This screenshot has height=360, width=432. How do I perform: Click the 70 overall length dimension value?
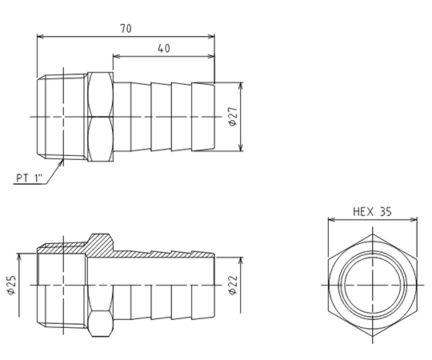pos(126,29)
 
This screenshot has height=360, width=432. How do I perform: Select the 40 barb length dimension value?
pos(164,49)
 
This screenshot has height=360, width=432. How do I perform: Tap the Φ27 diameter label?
pos(233,117)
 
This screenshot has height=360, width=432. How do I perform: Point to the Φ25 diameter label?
pos(11,285)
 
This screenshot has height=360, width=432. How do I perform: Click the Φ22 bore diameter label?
pos(233,285)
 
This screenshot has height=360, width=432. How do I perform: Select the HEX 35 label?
pos(372,212)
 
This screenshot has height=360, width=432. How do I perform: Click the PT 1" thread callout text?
pos(30,178)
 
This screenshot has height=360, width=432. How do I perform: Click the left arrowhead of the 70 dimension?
pos(41,36)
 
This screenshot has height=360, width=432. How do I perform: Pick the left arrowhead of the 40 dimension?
pos(117,56)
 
